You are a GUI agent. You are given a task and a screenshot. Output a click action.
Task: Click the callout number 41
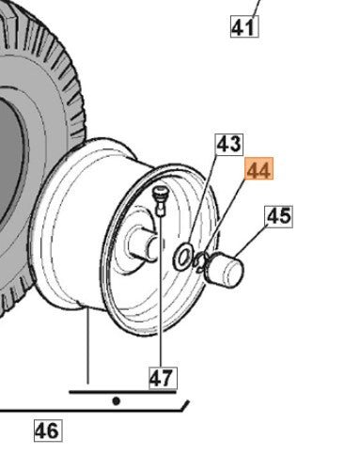click(x=244, y=27)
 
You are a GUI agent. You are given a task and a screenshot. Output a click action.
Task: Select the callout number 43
click(x=229, y=145)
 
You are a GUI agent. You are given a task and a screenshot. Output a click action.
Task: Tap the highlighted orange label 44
click(x=259, y=168)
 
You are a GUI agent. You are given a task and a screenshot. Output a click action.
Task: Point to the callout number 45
click(x=279, y=216)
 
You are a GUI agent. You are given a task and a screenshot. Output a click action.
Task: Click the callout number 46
click(x=48, y=431)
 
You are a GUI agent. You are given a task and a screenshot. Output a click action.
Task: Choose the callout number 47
click(x=163, y=378)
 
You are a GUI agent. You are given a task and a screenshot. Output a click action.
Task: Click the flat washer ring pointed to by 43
click(x=183, y=256)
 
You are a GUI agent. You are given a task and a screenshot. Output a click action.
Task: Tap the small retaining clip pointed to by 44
click(x=200, y=261)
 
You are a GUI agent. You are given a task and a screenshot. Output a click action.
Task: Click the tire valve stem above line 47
click(x=161, y=200)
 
